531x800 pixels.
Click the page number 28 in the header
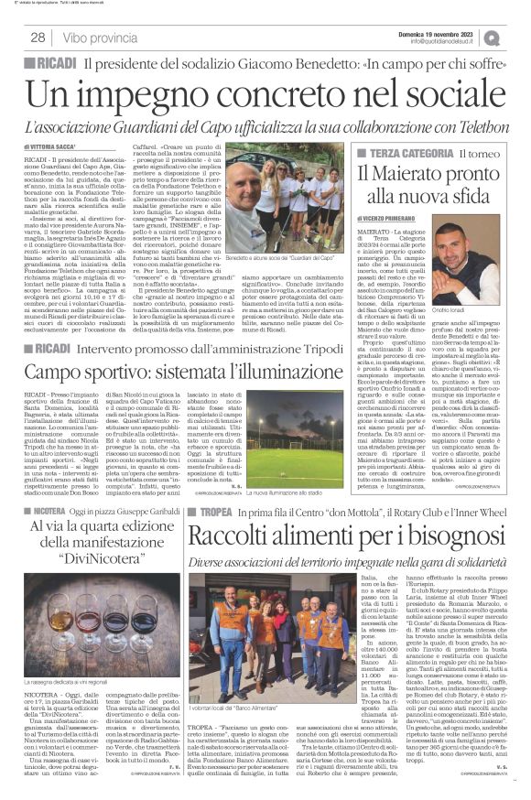[38, 38]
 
